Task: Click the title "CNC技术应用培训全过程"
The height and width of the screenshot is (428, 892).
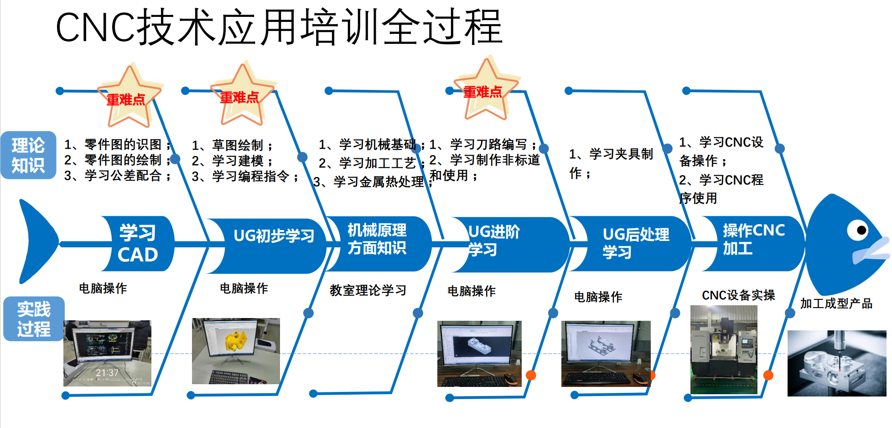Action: [279, 27]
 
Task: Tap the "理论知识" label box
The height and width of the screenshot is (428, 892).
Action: [28, 155]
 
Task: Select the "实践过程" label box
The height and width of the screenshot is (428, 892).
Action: [34, 319]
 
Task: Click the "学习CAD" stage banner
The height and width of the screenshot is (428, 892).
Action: [137, 244]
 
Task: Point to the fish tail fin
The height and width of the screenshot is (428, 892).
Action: [38, 241]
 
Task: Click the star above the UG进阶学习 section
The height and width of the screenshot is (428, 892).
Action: [486, 89]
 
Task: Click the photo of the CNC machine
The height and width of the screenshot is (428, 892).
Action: [724, 350]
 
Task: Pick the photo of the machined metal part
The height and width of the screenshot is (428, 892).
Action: [837, 363]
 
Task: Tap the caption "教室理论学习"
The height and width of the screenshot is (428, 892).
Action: [368, 290]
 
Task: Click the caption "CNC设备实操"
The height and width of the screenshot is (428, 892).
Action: [738, 295]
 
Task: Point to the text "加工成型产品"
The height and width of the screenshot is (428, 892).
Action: [836, 303]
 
